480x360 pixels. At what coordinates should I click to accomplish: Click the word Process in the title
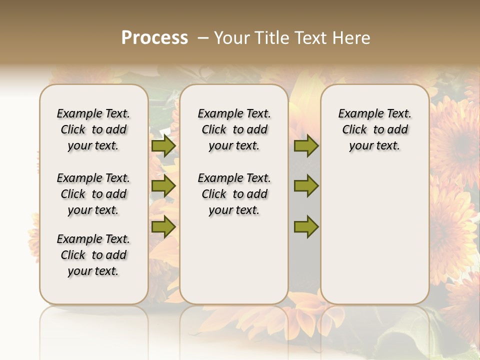click(x=154, y=37)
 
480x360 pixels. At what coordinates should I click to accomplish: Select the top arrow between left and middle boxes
click(x=163, y=146)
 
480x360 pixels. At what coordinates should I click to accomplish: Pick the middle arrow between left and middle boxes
click(x=163, y=186)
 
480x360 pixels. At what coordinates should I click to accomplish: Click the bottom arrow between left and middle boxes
click(x=163, y=226)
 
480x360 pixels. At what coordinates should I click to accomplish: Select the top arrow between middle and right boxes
click(x=306, y=146)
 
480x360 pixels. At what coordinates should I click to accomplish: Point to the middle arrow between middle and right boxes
click(x=306, y=186)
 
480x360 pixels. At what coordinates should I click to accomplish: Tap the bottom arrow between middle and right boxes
click(x=306, y=226)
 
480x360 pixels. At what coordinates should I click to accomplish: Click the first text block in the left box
click(x=93, y=129)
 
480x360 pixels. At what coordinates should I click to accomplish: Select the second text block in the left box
click(x=93, y=194)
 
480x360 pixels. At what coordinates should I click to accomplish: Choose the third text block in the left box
click(x=93, y=255)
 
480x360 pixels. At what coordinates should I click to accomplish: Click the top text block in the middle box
click(x=234, y=129)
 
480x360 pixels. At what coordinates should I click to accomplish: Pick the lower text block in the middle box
click(x=234, y=194)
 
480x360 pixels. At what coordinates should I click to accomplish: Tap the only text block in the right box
click(x=375, y=129)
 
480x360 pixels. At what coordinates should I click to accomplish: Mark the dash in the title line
click(x=203, y=38)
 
